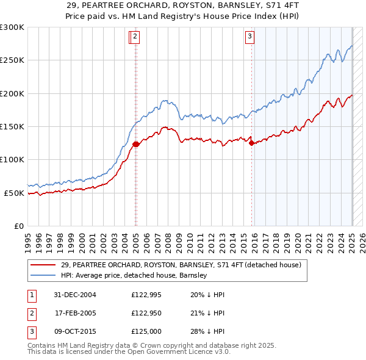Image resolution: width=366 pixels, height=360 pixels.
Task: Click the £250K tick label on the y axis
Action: click(x=12, y=60)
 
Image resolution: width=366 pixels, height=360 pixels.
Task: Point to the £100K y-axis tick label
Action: click(x=12, y=160)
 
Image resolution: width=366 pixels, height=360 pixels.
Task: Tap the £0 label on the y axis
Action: click(x=19, y=226)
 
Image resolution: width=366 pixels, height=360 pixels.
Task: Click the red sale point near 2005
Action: click(x=136, y=145)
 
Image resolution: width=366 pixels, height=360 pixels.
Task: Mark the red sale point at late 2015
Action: click(x=251, y=143)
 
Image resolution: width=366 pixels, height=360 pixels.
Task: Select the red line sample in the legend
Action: click(x=43, y=265)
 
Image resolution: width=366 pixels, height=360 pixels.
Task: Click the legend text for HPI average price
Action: click(x=134, y=276)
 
